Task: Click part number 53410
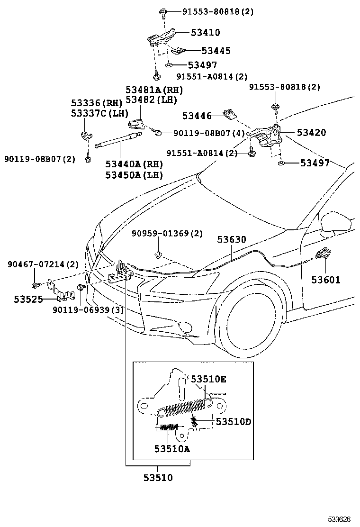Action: (x=205, y=33)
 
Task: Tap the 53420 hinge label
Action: (x=311, y=133)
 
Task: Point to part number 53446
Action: (x=198, y=115)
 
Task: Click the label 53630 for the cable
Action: (x=232, y=240)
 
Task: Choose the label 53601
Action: (x=325, y=280)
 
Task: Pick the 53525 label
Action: (x=28, y=299)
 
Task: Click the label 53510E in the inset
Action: (x=208, y=379)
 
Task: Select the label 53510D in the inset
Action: (x=233, y=421)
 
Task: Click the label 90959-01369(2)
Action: (x=167, y=234)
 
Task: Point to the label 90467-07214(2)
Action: (x=43, y=264)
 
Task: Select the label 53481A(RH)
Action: (x=154, y=90)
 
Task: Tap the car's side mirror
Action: (x=335, y=222)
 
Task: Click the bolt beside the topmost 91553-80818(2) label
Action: (x=162, y=12)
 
